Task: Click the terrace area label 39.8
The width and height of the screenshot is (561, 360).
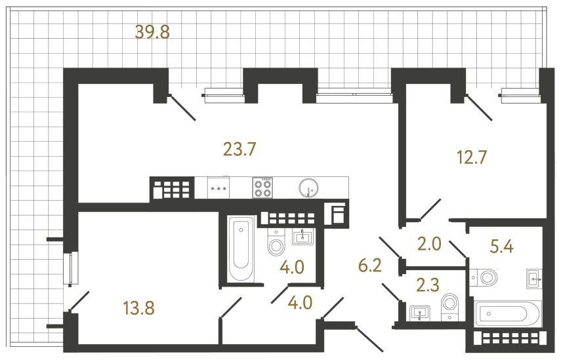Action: click(152, 32)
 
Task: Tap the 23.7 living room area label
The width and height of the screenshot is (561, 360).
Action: click(239, 150)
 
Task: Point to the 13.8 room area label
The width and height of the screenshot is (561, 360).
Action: click(138, 307)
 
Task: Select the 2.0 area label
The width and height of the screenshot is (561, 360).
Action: click(430, 244)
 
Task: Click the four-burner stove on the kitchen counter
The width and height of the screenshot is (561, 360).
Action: click(262, 188)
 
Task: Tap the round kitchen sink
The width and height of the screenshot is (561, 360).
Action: click(307, 188)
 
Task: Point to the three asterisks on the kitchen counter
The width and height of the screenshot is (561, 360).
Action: click(218, 189)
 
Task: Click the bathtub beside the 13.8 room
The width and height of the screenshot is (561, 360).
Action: click(241, 249)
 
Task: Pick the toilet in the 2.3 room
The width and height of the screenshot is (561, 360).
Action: click(450, 305)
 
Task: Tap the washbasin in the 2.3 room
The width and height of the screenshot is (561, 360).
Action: click(419, 313)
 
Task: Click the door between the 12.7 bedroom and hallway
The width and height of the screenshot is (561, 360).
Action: click(430, 210)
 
